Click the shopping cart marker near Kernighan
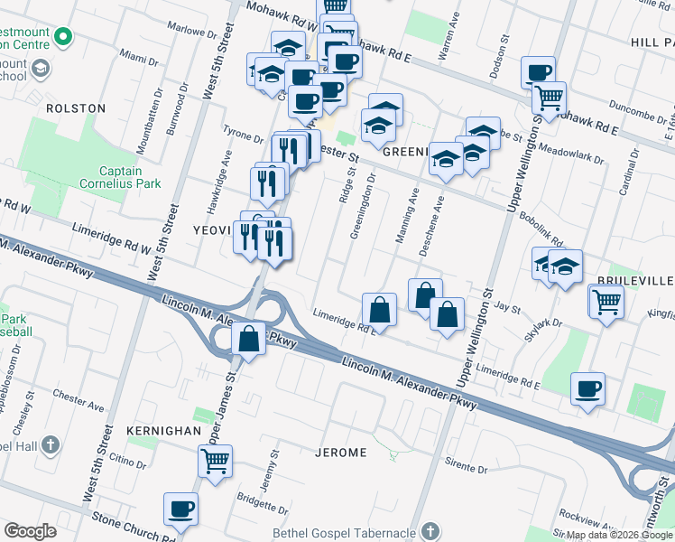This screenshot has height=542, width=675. pyautogui.click(x=215, y=462)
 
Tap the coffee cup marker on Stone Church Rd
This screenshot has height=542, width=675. pyautogui.click(x=180, y=510)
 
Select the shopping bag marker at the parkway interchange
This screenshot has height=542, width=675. pyautogui.click(x=249, y=340)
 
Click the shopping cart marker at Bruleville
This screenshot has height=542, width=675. pyautogui.click(x=606, y=301)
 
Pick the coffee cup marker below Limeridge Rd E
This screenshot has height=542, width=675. pyautogui.click(x=587, y=389)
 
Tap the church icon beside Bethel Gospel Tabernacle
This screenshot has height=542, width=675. pyautogui.click(x=430, y=531)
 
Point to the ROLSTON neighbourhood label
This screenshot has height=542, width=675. pyautogui.click(x=76, y=108)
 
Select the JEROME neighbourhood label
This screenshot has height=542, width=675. pyautogui.click(x=340, y=452)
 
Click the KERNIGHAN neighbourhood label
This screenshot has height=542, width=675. pyautogui.click(x=163, y=431)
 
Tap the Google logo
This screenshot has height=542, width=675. pyautogui.click(x=30, y=531)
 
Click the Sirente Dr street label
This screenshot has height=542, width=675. pyautogui.click(x=468, y=470)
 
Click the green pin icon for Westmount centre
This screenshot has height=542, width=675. pyautogui.click(x=62, y=37)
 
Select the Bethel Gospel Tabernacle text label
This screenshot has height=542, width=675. pyautogui.click(x=347, y=531)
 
